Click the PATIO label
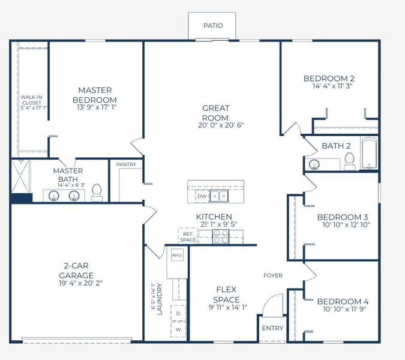pyautogui.click(x=213, y=26)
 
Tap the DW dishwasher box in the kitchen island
pyautogui.click(x=202, y=196)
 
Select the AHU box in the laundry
pyautogui.click(x=176, y=255)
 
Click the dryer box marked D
pyautogui.click(x=178, y=313)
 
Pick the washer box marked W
pyautogui.click(x=178, y=329)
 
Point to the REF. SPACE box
pyautogui.click(x=188, y=237)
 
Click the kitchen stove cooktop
pyautogui.click(x=220, y=237)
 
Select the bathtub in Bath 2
pyautogui.click(x=368, y=154)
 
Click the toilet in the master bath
pyautogui.click(x=97, y=193)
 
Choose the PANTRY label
pyautogui.click(x=126, y=164)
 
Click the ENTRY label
pyautogui.click(x=273, y=328)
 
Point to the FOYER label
pyautogui.click(x=273, y=275)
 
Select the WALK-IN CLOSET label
pyautogui.click(x=31, y=102)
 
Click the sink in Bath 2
pyautogui.click(x=313, y=164)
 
